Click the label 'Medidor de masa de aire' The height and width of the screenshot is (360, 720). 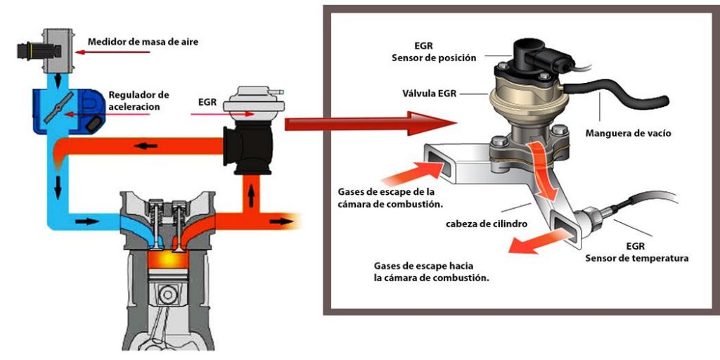pos(143,41)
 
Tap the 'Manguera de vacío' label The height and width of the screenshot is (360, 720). pos(624,131)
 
